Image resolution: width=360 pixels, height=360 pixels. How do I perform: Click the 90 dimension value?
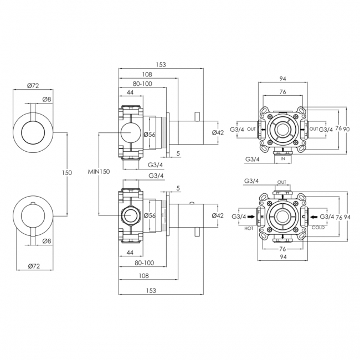(x=346, y=129)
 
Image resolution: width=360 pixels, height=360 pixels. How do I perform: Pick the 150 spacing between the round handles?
(x=66, y=173)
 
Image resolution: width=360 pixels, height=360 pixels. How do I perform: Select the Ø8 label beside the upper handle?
(x=47, y=100)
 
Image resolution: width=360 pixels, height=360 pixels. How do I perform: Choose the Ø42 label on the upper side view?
(x=218, y=132)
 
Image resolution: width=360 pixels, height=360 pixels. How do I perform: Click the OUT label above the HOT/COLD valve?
(x=282, y=182)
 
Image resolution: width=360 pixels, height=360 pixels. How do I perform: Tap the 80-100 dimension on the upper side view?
(x=142, y=84)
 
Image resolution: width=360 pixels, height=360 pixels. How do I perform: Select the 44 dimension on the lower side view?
(x=131, y=252)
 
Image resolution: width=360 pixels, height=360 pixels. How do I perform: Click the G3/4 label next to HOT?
(x=239, y=216)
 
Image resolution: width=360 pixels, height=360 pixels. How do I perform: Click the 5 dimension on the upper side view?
(x=177, y=153)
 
